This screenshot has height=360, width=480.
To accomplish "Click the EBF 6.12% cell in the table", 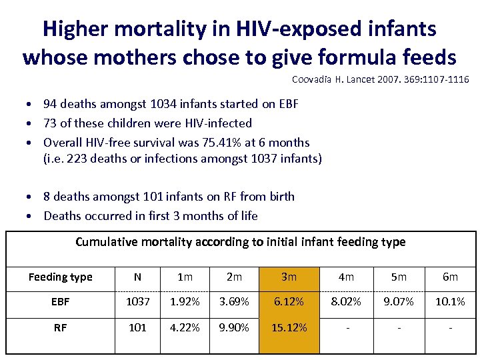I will pyautogui.click(x=289, y=302).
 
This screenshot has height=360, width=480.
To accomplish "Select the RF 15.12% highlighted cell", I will pyautogui.click(x=289, y=328).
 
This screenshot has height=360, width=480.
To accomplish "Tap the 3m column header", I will pyautogui.click(x=289, y=277).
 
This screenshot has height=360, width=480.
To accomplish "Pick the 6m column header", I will pyautogui.click(x=450, y=277).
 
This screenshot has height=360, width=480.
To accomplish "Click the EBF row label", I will pyautogui.click(x=60, y=302).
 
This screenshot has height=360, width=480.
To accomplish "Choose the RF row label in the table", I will pyautogui.click(x=60, y=328).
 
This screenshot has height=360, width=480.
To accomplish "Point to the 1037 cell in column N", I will pyautogui.click(x=137, y=302).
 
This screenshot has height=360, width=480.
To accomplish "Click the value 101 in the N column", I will pyautogui.click(x=137, y=328).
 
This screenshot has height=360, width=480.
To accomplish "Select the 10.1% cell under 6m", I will pyautogui.click(x=450, y=302).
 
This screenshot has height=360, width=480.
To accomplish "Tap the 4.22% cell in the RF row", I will pyautogui.click(x=185, y=328).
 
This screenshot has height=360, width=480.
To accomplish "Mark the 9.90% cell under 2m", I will pyautogui.click(x=234, y=328).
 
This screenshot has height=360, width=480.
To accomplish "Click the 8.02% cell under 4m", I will pyautogui.click(x=346, y=302).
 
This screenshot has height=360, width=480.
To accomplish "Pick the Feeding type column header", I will pyautogui.click(x=60, y=277).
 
